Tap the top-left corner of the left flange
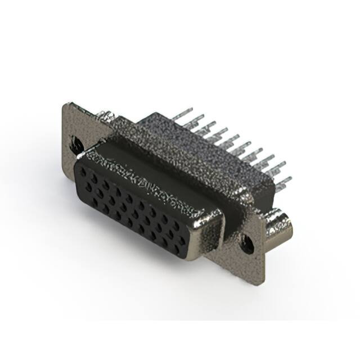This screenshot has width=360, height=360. coord(66,105)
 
